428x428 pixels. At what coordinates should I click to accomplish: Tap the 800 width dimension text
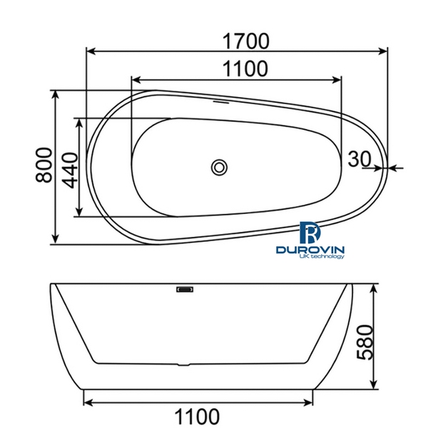(x=42, y=165)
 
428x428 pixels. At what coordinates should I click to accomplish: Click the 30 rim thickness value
(x=360, y=158)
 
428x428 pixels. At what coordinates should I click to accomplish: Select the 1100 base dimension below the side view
(x=195, y=415)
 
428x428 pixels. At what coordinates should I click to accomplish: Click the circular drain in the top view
(x=219, y=168)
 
